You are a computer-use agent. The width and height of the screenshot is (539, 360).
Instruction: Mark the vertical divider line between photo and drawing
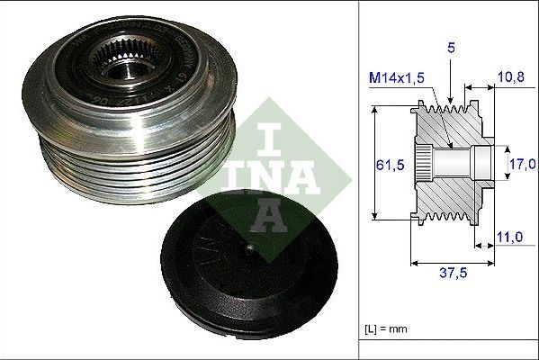click(x=359, y=180)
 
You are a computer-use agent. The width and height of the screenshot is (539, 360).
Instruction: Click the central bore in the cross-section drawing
click(x=459, y=163)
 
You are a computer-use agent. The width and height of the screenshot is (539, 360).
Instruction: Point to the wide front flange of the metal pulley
click(x=54, y=90)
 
